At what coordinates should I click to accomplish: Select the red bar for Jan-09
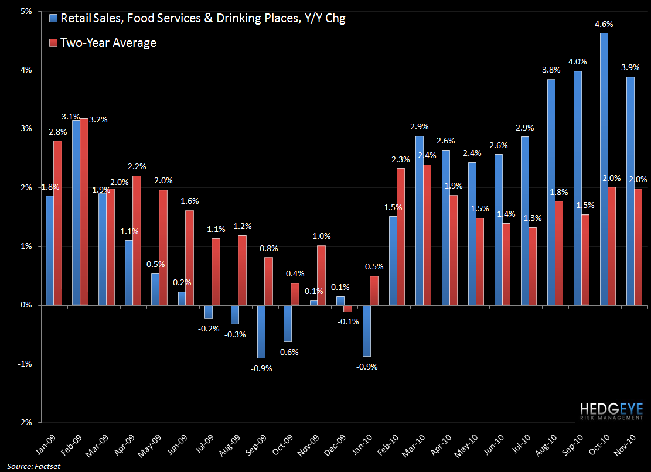coord(57,223)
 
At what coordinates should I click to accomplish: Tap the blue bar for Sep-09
coord(261,331)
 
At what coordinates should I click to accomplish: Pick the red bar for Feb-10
coord(400,237)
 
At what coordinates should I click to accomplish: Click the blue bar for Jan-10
coord(367,330)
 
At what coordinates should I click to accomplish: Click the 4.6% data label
coord(604,24)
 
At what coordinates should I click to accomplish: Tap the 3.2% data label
coord(98,119)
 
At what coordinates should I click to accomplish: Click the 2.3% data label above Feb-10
coord(400,159)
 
